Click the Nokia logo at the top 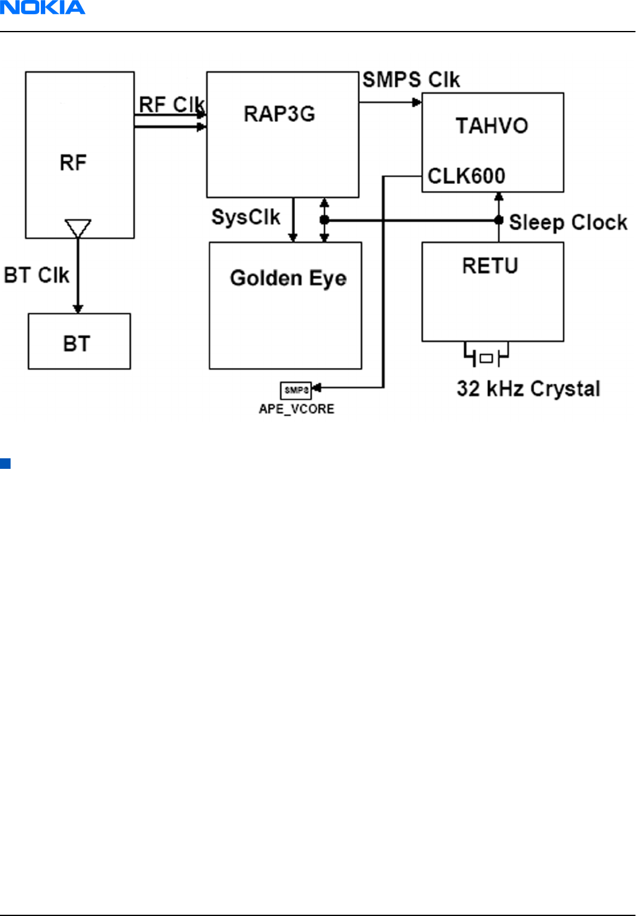pyautogui.click(x=42, y=8)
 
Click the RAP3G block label pyautogui.click(x=279, y=114)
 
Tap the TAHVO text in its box pyautogui.click(x=492, y=126)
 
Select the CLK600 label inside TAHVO pyautogui.click(x=466, y=176)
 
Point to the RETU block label pyautogui.click(x=490, y=266)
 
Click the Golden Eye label pyautogui.click(x=288, y=278)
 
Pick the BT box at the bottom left pyautogui.click(x=79, y=341)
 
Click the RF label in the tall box pyautogui.click(x=73, y=163)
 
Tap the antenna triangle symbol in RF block pyautogui.click(x=78, y=228)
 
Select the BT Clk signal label pyautogui.click(x=37, y=275)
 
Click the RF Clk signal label pyautogui.click(x=172, y=105)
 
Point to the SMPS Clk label pyautogui.click(x=411, y=80)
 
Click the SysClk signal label pyautogui.click(x=246, y=217)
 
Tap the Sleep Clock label pyautogui.click(x=568, y=222)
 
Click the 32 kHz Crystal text pyautogui.click(x=528, y=389)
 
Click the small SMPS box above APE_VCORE pyautogui.click(x=296, y=390)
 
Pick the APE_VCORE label pyautogui.click(x=297, y=409)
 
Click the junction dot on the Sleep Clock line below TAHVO pyautogui.click(x=499, y=220)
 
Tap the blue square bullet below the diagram pyautogui.click(x=6, y=463)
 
